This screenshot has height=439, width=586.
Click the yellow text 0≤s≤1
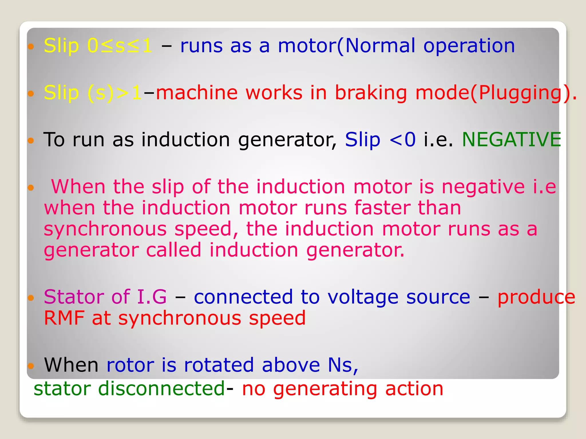pyautogui.click(x=120, y=46)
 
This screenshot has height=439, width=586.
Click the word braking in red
pyautogui.click(x=371, y=93)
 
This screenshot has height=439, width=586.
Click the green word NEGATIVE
pyautogui.click(x=511, y=139)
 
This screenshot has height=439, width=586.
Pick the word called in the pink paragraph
pyautogui.click(x=174, y=250)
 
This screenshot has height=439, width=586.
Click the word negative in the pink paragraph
pyautogui.click(x=483, y=187)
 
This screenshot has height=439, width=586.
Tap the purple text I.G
pyautogui.click(x=152, y=297)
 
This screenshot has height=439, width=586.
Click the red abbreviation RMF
pyautogui.click(x=64, y=318)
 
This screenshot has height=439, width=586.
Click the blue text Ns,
pyautogui.click(x=343, y=365)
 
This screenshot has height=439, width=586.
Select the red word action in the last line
pyautogui.click(x=414, y=389)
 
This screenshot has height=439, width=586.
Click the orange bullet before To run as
pyautogui.click(x=31, y=141)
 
